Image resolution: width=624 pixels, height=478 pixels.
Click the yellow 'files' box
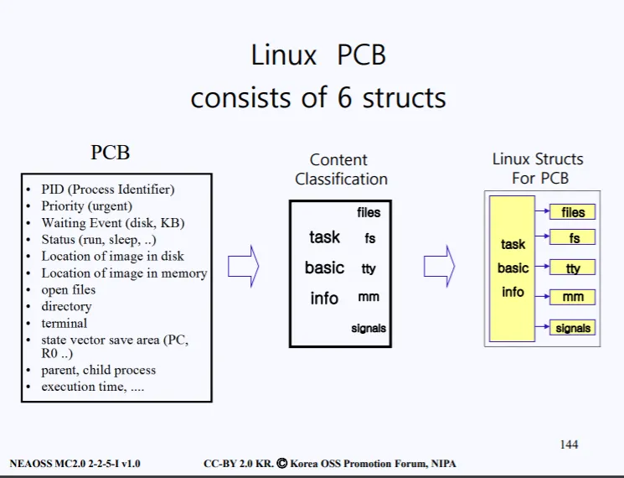coord(572,212)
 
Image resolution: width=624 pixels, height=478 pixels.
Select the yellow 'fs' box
coord(572,237)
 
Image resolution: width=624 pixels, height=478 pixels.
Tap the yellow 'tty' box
coord(572,267)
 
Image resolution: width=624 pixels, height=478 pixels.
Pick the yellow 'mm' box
coord(572,297)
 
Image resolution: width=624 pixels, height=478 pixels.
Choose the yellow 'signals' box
coord(572,327)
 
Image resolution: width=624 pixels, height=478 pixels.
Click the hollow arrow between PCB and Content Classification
coord(243,266)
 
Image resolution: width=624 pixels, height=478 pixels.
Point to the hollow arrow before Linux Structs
coord(440,266)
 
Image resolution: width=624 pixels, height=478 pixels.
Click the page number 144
coord(569,444)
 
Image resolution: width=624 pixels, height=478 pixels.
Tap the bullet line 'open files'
coord(69,289)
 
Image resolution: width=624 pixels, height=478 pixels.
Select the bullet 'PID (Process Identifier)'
coord(108,190)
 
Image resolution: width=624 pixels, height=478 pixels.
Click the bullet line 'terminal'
coord(64,323)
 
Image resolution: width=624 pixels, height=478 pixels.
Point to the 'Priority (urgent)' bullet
coord(87,206)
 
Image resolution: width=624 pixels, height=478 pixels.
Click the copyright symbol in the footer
coord(281,463)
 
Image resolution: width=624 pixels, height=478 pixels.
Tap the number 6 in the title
coord(344,97)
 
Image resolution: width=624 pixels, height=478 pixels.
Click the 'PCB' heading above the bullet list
coord(111,152)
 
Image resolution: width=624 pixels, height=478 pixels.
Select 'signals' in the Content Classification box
coord(369,328)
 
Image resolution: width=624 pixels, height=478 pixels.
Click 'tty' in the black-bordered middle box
coord(369,268)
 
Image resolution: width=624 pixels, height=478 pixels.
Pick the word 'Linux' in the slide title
coord(284,55)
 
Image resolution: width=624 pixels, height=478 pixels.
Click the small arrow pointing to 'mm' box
coord(543,297)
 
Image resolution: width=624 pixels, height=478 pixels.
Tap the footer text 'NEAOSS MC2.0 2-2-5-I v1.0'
coord(75,464)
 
